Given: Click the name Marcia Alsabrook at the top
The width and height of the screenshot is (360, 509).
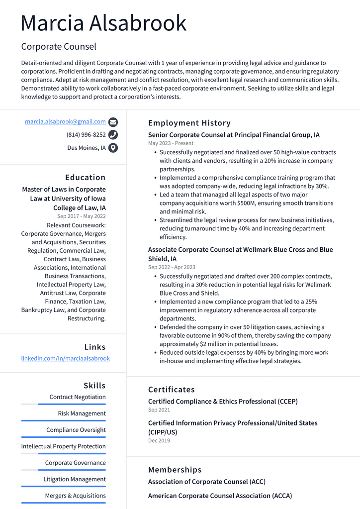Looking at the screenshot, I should pos(103,23).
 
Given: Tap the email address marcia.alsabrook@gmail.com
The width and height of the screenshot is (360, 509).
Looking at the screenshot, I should pos(65,121).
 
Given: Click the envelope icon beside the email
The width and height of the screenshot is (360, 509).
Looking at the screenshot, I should pos(113,122).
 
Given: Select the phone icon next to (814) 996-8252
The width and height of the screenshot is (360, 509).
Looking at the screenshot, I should pos(113,135).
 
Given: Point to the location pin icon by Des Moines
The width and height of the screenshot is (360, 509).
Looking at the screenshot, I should pos(113,148).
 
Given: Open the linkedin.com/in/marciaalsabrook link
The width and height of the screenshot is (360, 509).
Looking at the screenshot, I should pos(65,358).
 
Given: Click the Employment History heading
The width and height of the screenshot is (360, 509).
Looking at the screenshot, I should pos(189,123).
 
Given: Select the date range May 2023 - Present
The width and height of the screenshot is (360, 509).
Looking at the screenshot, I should pos(171,143).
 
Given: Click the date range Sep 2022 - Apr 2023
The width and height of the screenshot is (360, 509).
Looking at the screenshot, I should pos(172,267).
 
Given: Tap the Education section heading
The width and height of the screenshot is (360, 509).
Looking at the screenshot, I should pos(85,177).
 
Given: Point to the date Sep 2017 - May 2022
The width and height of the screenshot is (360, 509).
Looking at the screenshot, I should pos(81,216).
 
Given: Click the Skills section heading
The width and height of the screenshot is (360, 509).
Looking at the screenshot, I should pos(94,385).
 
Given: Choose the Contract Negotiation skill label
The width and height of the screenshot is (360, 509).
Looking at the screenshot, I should pos(78,397).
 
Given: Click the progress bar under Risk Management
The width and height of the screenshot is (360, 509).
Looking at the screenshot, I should pos(63,420).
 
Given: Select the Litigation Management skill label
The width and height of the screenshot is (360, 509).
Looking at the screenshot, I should pos(75,479).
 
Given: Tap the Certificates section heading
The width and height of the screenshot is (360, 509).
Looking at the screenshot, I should pos(171,389).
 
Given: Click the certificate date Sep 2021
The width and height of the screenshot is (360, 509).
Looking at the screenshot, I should pos(159,410).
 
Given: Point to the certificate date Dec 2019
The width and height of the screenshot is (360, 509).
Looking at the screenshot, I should pos(159,441).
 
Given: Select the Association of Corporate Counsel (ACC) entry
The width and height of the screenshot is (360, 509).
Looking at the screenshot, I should pos(206,482).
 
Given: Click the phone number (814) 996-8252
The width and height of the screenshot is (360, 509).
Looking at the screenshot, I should pos(86,135).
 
